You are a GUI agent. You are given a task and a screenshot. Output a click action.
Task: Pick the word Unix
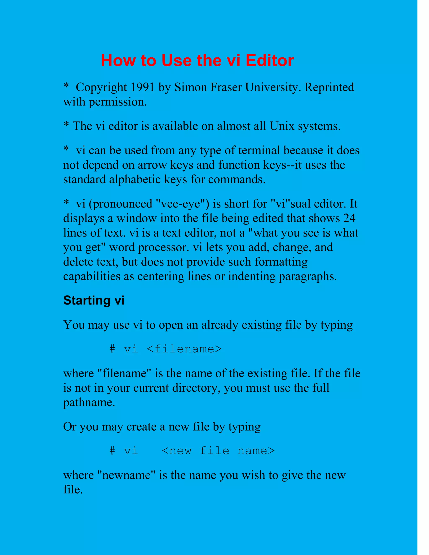point(282,126)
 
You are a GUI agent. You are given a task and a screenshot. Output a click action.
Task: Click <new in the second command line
point(177,451)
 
